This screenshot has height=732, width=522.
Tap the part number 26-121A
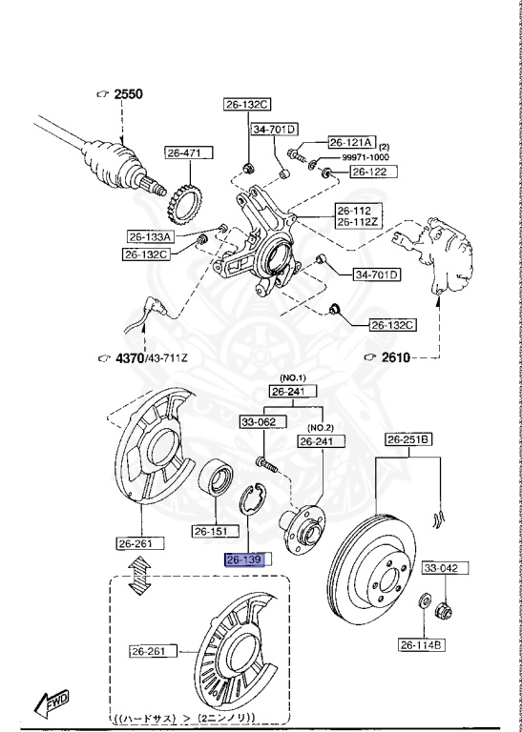352,140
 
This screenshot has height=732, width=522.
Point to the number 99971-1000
365,156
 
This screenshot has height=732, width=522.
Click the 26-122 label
369,172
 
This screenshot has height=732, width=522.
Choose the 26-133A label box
150,236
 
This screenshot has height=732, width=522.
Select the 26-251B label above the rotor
408,439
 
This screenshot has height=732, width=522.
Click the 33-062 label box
258,420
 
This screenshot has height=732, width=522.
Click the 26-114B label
421,645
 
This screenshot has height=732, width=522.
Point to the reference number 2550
127,94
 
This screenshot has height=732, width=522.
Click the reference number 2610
395,357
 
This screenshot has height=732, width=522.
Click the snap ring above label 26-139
253,499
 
